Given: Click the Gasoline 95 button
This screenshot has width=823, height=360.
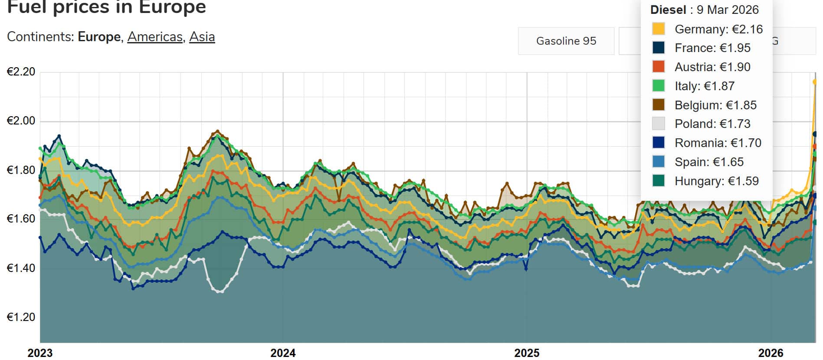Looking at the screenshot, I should pyautogui.click(x=566, y=41).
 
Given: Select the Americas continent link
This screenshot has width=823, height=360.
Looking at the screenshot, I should pyautogui.click(x=155, y=37).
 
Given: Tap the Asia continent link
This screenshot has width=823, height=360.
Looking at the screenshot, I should pyautogui.click(x=202, y=37).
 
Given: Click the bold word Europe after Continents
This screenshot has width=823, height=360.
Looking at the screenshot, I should pyautogui.click(x=99, y=37).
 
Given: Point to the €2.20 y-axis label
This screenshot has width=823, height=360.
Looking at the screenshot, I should pyautogui.click(x=21, y=72).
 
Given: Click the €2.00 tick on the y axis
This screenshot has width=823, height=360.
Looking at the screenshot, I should pyautogui.click(x=21, y=121).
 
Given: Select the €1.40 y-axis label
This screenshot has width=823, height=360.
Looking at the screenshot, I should pyautogui.click(x=21, y=268).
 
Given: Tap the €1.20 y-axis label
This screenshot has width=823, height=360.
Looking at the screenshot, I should pyautogui.click(x=21, y=317).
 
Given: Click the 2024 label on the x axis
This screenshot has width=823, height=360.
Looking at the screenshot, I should pyautogui.click(x=283, y=353).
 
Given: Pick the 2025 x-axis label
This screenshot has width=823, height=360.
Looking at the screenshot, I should pyautogui.click(x=527, y=353).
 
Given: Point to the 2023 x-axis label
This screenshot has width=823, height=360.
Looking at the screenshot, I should pyautogui.click(x=40, y=353).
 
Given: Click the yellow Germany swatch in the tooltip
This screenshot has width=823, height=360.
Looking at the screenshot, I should pyautogui.click(x=658, y=29).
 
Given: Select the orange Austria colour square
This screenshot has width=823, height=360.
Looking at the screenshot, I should pyautogui.click(x=658, y=67).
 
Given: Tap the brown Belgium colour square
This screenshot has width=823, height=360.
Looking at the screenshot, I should pyautogui.click(x=658, y=105).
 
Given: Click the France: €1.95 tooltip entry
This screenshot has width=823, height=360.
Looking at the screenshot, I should pyautogui.click(x=712, y=48).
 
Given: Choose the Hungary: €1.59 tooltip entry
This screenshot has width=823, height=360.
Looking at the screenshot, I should pyautogui.click(x=716, y=181).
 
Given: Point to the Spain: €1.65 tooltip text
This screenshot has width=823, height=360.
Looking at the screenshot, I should pyautogui.click(x=709, y=162).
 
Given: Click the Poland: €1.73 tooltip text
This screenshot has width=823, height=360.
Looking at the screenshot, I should pyautogui.click(x=712, y=124).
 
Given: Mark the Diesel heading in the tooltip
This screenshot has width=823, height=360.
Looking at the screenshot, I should pyautogui.click(x=668, y=10).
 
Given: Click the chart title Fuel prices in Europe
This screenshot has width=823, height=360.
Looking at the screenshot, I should pyautogui.click(x=107, y=7).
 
